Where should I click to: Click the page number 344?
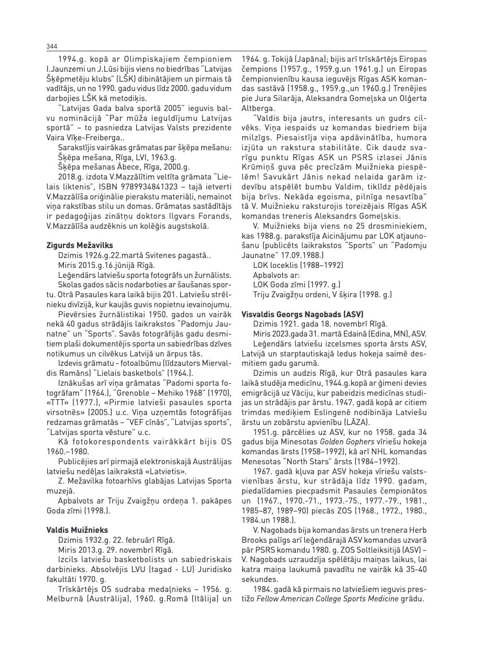coord(51,47)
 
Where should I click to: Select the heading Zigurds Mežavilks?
coord(80,245)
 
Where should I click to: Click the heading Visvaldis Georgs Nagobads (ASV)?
coord(302,315)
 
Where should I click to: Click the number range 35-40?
coord(415,570)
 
